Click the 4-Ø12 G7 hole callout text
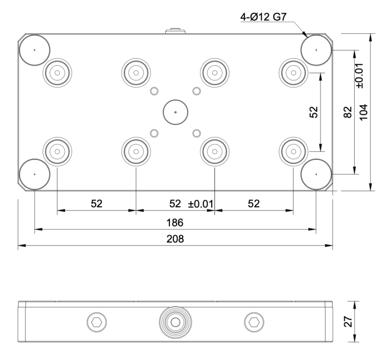[x=263, y=18]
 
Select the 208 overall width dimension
[x=175, y=240]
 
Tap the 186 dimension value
[x=175, y=223]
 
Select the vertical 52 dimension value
[x=314, y=112]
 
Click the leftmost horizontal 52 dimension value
[x=97, y=204]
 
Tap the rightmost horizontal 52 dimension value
[x=253, y=204]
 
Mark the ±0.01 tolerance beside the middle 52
[x=201, y=204]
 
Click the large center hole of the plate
[x=175, y=112]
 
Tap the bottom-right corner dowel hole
[x=317, y=174]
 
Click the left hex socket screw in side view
[x=97, y=322]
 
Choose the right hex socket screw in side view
[x=253, y=322]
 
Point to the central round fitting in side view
[x=175, y=322]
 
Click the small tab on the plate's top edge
[x=175, y=31]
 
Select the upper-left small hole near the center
[x=154, y=91]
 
